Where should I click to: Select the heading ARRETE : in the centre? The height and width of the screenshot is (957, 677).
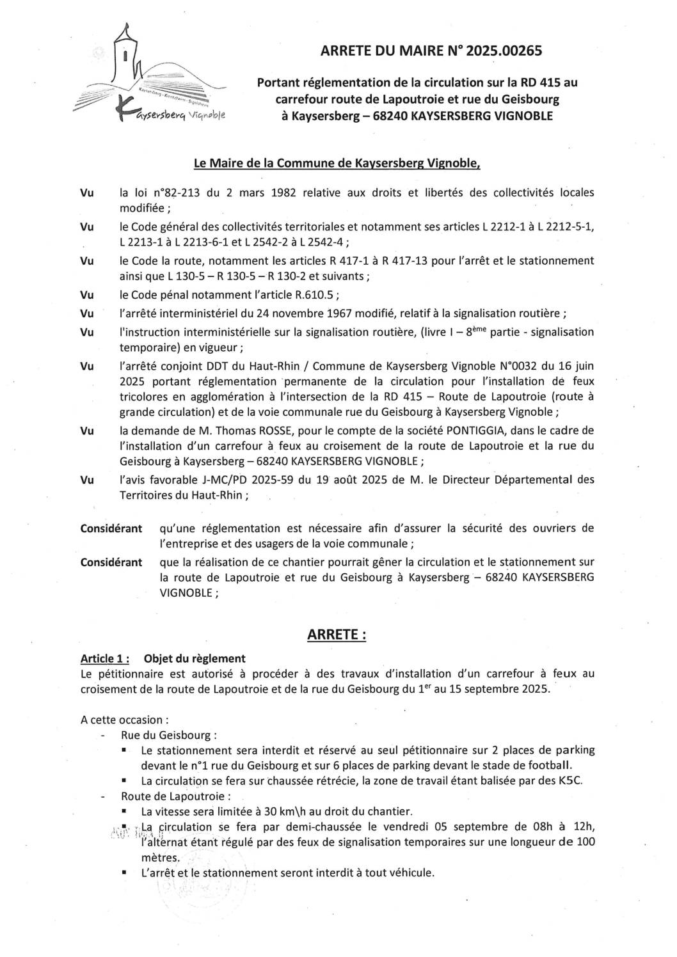tap(337, 635)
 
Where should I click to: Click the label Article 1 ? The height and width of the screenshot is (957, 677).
tap(106, 658)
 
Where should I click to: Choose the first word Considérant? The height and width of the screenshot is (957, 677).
tap(111, 528)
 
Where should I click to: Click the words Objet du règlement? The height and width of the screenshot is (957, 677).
tap(195, 658)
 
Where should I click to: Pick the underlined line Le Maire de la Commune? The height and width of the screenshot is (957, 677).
tap(337, 164)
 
